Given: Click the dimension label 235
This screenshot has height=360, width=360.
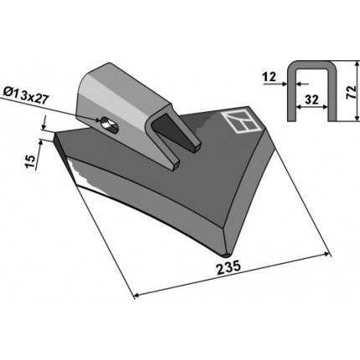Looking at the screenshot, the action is pos(229,266).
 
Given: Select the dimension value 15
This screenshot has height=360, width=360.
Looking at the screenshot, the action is pos(30,162).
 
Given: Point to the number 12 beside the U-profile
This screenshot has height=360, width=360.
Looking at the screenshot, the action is pos(269,76).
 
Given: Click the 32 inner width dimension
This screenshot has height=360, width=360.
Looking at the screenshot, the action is pos(311,100).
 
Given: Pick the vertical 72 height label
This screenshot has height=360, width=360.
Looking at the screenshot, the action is pos(351,92).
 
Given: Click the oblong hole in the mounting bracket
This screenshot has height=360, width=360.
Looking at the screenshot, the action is pos(110,125).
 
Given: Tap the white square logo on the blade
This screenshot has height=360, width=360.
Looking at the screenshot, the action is pos(240,121).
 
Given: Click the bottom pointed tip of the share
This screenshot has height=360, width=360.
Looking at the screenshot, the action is pos(227,255).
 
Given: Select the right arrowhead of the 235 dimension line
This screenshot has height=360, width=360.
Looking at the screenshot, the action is pos(327,254).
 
